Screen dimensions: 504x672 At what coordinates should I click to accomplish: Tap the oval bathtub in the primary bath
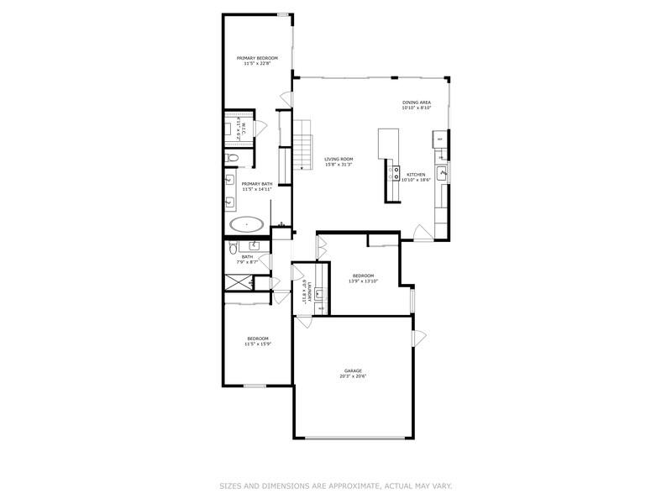(247, 224)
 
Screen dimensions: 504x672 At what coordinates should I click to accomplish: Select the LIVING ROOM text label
(339, 159)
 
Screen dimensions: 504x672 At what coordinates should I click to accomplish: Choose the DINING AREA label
(416, 102)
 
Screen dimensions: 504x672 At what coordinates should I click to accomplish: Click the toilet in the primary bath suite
(234, 157)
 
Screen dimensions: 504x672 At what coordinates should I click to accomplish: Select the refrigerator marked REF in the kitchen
(438, 139)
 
